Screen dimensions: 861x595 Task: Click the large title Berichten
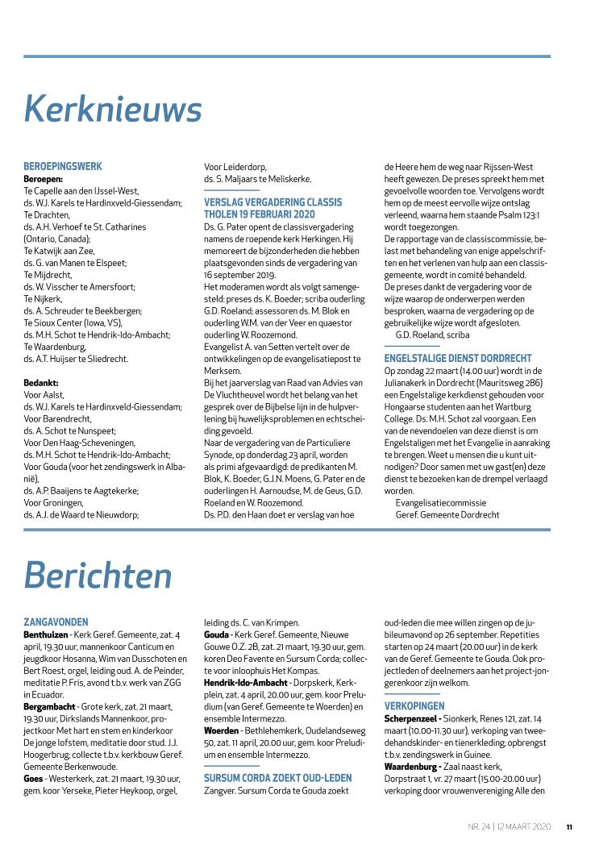[x=98, y=575]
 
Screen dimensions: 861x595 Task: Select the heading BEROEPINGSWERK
[x=63, y=167]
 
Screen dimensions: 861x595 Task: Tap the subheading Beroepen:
[x=44, y=179]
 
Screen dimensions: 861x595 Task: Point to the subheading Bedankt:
[x=41, y=383]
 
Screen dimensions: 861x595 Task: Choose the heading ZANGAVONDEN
[x=56, y=622]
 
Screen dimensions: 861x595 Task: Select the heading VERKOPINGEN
[x=414, y=705]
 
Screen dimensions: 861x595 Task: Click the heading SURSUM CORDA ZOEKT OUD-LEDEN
[x=277, y=778]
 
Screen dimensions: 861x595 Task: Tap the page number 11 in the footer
[x=569, y=826]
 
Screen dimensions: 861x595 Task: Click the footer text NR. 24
[x=480, y=826]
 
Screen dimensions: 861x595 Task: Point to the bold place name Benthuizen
[x=46, y=634]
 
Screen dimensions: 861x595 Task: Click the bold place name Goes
[x=34, y=778]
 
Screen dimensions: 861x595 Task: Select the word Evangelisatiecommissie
[x=440, y=502]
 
